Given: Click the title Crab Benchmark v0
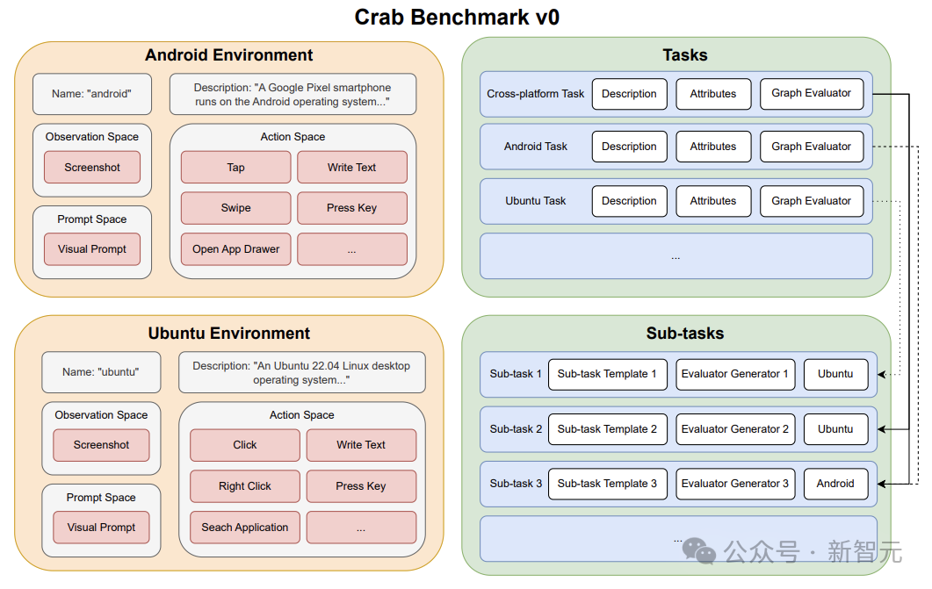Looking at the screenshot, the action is tap(457, 18).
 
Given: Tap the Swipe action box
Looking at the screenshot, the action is tap(236, 208).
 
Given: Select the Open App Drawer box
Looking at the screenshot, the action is tap(236, 249).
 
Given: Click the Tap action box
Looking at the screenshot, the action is tap(236, 168).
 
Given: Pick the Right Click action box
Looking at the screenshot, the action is tap(245, 486).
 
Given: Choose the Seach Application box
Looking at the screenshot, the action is tap(245, 528).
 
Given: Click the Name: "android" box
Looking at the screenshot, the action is tap(92, 94).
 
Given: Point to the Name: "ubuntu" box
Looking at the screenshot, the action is tap(101, 372).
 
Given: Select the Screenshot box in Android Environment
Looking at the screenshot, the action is tap(92, 168).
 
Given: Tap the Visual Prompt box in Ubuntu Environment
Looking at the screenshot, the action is tap(101, 528).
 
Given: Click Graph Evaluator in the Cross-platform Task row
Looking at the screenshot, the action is tap(812, 94).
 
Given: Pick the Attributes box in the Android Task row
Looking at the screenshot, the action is tap(713, 147).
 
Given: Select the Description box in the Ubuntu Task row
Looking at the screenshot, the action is tap(630, 201).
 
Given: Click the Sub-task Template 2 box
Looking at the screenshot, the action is tap(608, 429).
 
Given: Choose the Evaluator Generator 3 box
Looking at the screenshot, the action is tap(735, 484).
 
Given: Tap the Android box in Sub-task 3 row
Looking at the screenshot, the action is tap(835, 484).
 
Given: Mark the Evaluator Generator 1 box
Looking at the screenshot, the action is tap(735, 374).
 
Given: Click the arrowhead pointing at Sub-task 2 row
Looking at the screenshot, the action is tap(882, 429).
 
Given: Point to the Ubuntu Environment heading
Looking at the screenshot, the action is tap(229, 333).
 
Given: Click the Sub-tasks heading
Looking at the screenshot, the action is tap(685, 333).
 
